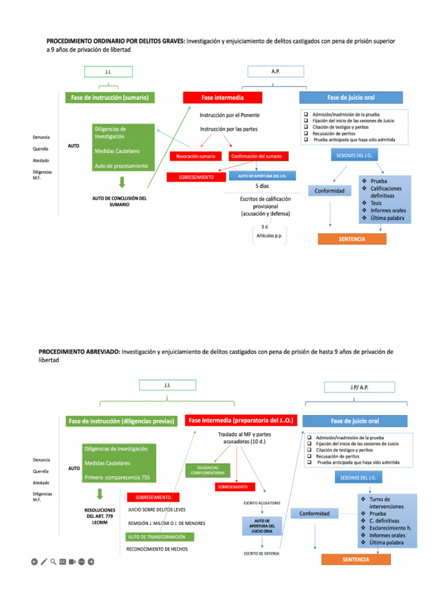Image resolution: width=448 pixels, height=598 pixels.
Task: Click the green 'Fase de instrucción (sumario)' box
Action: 110,98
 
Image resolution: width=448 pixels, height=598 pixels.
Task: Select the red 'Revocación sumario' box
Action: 195,156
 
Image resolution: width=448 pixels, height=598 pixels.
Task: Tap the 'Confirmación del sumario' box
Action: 256,156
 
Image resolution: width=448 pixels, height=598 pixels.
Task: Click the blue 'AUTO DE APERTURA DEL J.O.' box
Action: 262,176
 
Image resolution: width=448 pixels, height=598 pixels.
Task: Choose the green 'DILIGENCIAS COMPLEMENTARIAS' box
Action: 208,470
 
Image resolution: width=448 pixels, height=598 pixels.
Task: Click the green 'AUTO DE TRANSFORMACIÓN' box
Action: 159,537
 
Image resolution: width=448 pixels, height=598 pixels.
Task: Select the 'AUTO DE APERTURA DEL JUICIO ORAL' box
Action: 261,526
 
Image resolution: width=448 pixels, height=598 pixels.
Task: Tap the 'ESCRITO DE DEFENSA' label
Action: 261,553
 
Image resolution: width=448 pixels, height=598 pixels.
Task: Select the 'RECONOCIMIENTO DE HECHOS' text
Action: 157,550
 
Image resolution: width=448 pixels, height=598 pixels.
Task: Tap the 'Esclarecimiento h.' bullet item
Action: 390,527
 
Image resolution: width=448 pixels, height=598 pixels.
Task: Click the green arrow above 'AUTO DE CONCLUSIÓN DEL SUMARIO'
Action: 121,182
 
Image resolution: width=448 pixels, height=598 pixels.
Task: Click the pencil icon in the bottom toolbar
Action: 44,562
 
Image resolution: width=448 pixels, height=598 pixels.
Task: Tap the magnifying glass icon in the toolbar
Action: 53,562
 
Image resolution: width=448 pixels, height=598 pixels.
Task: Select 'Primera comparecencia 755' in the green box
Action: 117,477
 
